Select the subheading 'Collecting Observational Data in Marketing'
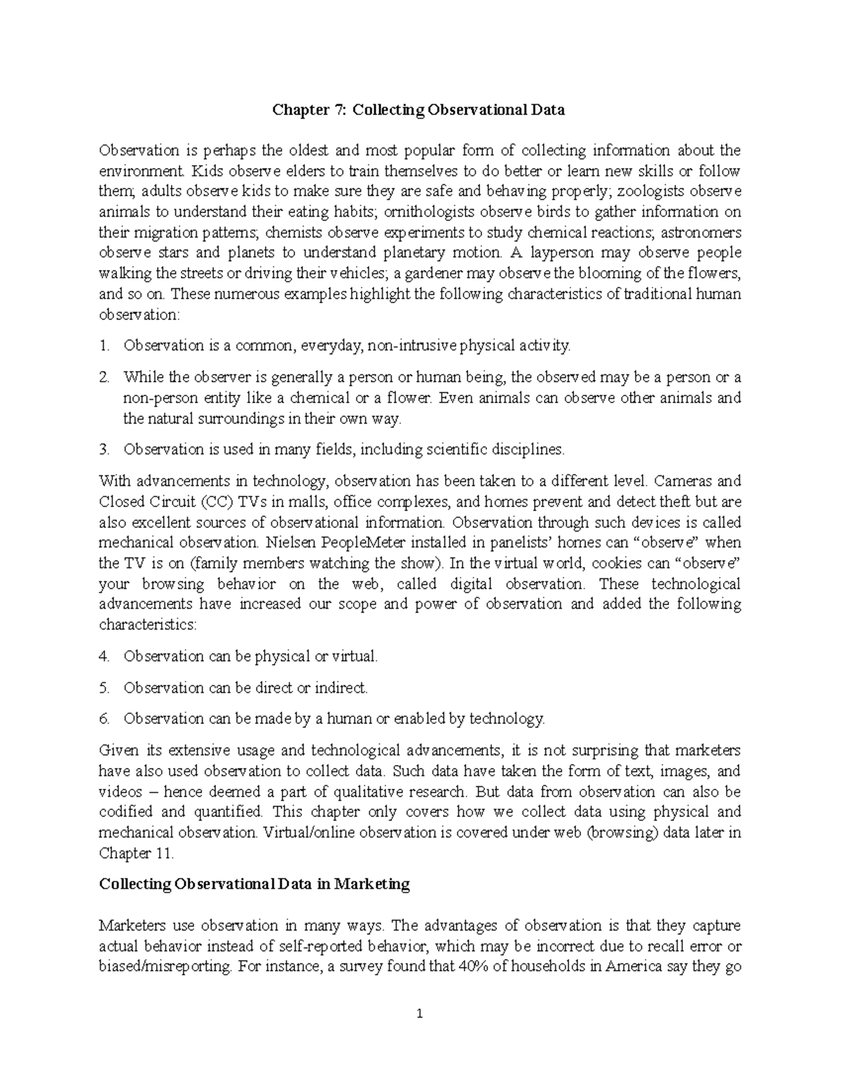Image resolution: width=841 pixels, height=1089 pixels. tap(254, 884)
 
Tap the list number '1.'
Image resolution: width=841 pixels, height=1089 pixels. tap(104, 346)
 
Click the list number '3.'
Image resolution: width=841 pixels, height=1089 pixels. tap(104, 449)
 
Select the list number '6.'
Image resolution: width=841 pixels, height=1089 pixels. tap(104, 719)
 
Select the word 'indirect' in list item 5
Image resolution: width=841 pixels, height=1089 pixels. tap(339, 688)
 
